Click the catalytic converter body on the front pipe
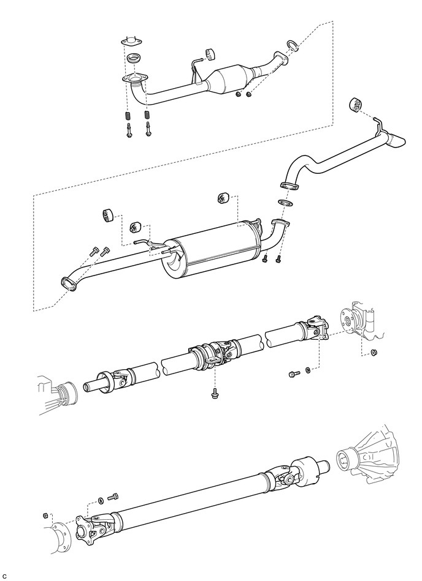coord(229,78)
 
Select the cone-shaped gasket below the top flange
coord(134,59)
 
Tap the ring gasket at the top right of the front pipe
coord(292,45)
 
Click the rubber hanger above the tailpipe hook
coord(355,105)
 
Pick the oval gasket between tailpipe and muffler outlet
coord(285,203)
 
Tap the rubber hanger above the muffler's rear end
coord(223,198)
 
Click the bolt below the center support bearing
coord(214,394)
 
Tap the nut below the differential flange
coord(374,352)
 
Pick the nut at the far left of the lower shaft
coord(45,515)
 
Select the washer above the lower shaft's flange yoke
coord(101,501)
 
